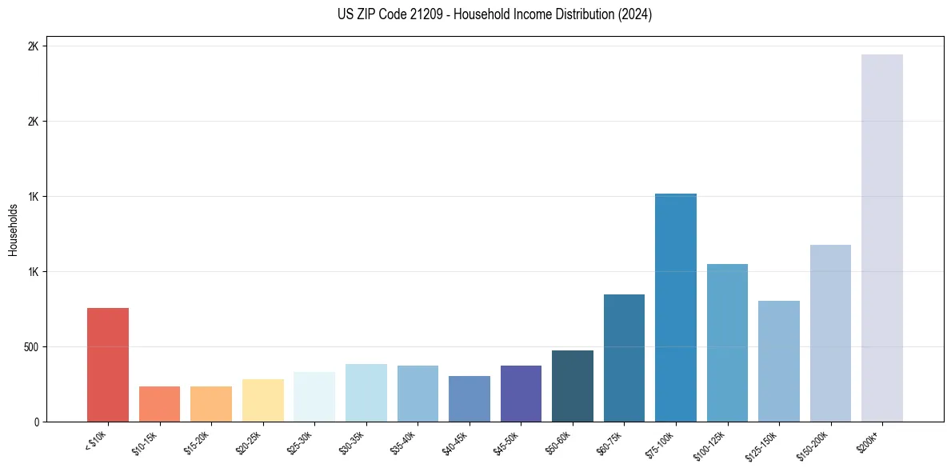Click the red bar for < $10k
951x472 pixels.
click(x=108, y=365)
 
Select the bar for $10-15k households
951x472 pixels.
click(x=159, y=404)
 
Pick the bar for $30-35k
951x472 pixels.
click(x=366, y=393)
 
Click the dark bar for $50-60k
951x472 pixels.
click(x=572, y=386)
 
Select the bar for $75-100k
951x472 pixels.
click(x=675, y=307)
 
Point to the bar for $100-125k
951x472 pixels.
click(x=727, y=342)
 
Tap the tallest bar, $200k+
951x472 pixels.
click(x=881, y=238)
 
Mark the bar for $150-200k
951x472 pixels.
click(x=830, y=333)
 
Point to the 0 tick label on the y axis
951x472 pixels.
click(x=36, y=422)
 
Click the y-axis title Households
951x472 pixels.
click(x=13, y=230)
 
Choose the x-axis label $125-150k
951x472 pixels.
click(x=764, y=443)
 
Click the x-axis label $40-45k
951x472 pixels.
click(x=456, y=441)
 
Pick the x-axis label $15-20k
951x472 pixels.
click(x=198, y=441)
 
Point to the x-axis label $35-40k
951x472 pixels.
click(x=404, y=441)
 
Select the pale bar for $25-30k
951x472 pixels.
click(x=314, y=397)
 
